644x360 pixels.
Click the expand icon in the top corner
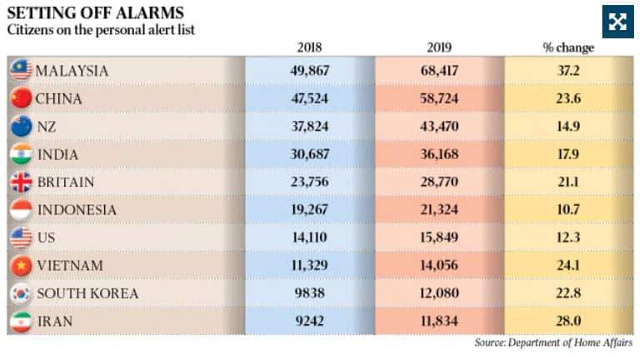click(617, 22)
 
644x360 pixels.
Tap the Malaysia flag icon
click(21, 71)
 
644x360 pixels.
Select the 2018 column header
click(308, 47)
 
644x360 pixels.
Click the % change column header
click(568, 47)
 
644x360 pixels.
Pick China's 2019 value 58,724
click(441, 98)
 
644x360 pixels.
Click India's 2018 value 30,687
click(308, 154)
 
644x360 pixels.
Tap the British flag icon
click(21, 182)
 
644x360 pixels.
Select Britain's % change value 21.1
click(568, 182)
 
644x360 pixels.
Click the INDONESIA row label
click(76, 210)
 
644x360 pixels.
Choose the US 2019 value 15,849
click(441, 237)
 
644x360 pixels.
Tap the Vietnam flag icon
click(21, 266)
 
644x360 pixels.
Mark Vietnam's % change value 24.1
click(568, 266)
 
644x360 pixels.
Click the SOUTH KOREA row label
click(87, 293)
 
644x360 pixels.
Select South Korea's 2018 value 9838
click(308, 293)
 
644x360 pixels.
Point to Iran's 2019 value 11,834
click(441, 321)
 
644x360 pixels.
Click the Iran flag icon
click(21, 321)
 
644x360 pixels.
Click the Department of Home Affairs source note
click(553, 342)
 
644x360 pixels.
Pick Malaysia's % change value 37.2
click(568, 71)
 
